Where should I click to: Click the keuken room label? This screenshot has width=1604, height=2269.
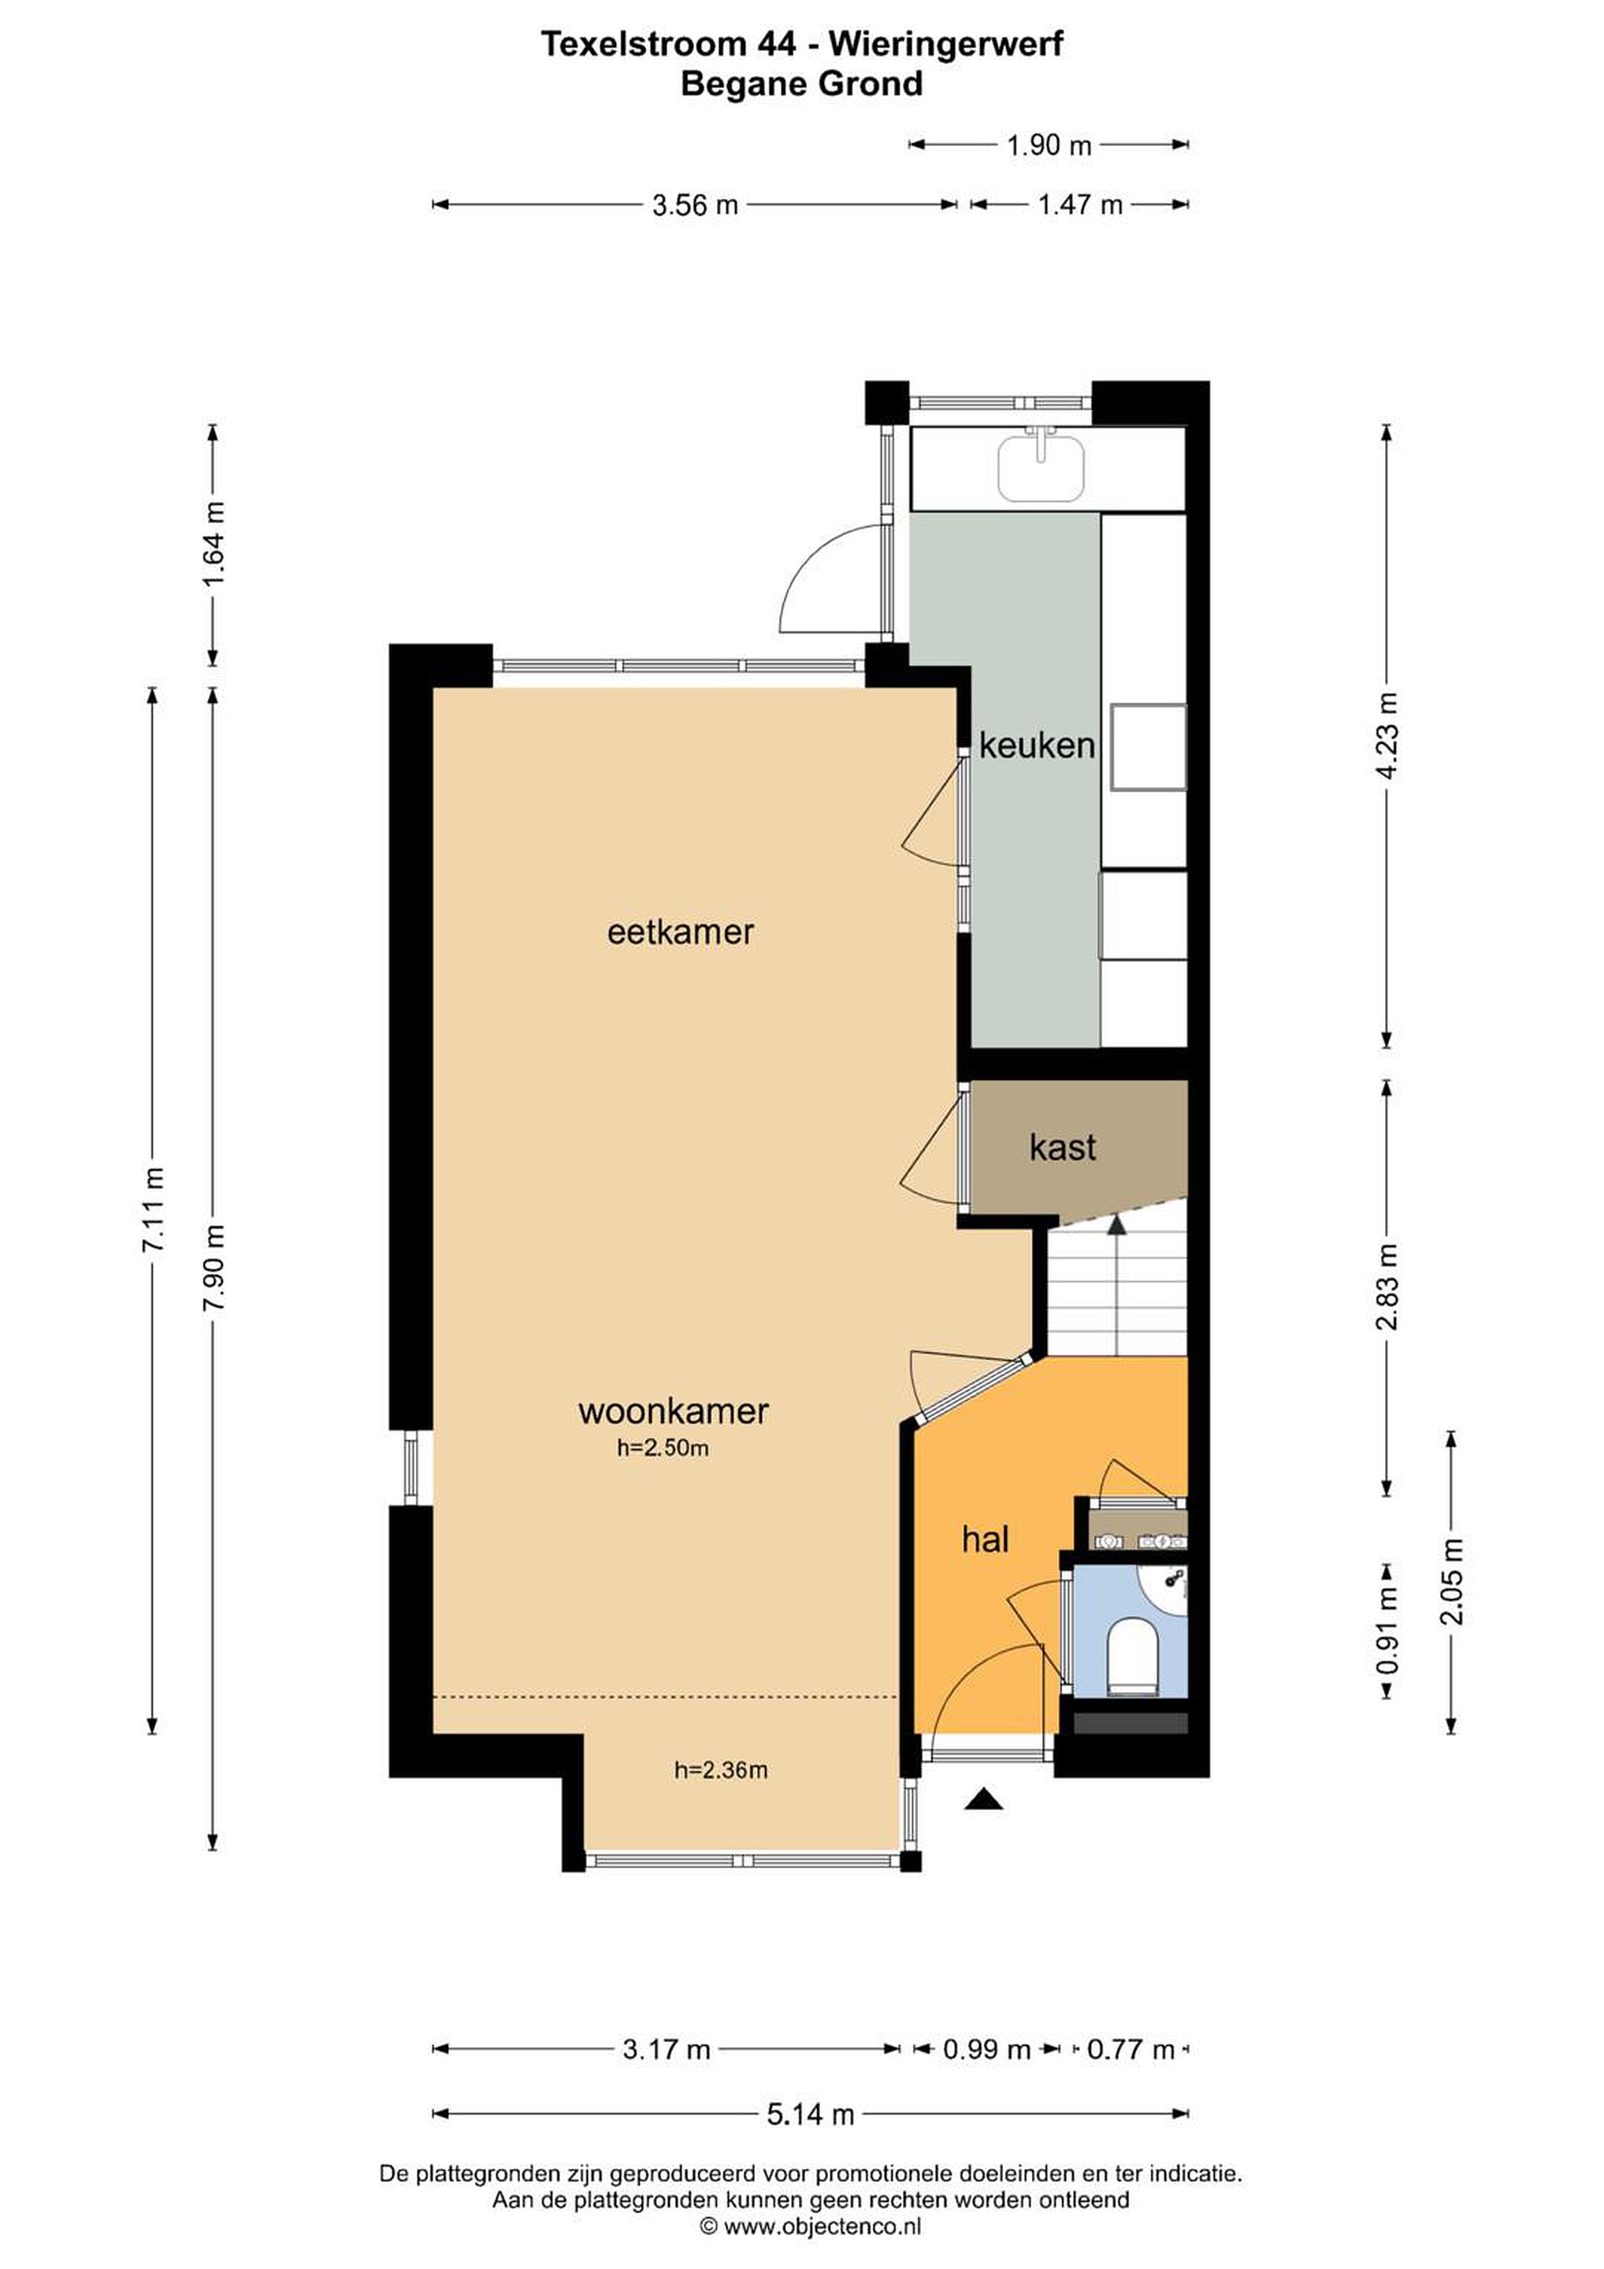tap(1037, 745)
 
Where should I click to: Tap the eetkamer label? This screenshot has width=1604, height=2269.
tap(680, 932)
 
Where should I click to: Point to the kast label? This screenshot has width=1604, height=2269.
tap(1063, 1147)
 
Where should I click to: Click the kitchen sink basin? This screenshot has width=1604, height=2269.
tap(1041, 470)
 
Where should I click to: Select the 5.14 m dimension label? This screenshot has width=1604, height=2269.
tap(811, 2114)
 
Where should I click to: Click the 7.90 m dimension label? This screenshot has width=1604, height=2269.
tap(214, 1268)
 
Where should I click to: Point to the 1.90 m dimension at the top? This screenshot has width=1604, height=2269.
tap(1049, 145)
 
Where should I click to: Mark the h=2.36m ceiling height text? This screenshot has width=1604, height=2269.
tap(721, 1770)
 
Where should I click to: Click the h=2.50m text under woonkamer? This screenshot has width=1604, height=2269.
tap(663, 1448)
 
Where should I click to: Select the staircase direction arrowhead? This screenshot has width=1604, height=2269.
tap(1117, 1224)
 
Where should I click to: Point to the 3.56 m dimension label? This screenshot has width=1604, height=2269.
tap(695, 205)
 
